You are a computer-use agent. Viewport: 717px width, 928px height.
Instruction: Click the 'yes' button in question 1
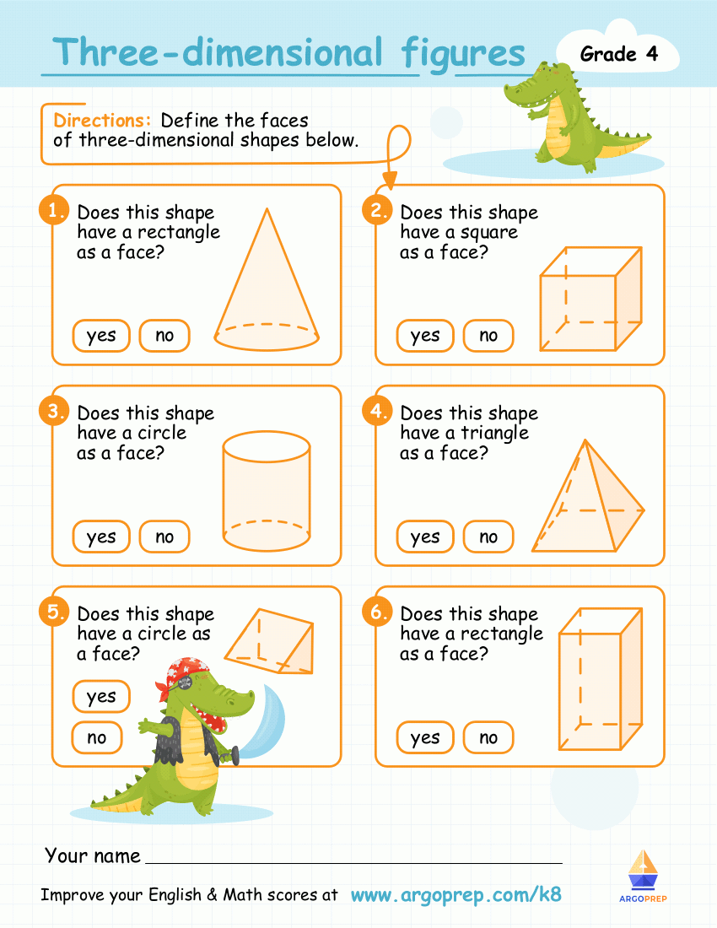(x=101, y=336)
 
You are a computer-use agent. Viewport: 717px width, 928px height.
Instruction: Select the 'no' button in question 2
(x=488, y=336)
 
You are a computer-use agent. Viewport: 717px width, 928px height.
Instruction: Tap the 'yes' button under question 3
(x=101, y=537)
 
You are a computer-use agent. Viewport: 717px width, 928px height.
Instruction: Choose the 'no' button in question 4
(x=488, y=537)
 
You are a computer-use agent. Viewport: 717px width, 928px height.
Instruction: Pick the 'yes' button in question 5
(x=101, y=697)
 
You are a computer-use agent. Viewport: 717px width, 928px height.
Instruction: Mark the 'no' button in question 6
(x=488, y=738)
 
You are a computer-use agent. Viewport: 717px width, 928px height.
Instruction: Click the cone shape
(x=267, y=287)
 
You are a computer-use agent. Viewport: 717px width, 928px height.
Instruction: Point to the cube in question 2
(x=590, y=299)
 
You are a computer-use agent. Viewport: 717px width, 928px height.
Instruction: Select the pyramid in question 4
(x=589, y=502)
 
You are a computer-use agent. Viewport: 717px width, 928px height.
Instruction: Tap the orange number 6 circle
(x=376, y=612)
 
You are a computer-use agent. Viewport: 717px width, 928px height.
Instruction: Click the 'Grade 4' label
(x=618, y=54)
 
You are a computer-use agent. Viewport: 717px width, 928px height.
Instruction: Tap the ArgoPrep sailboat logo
(x=644, y=871)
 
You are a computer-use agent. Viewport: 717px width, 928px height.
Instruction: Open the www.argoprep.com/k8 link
(x=456, y=895)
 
